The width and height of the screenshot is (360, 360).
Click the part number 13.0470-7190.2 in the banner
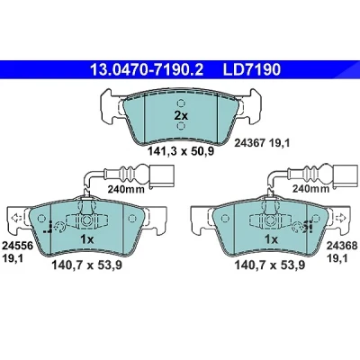147,70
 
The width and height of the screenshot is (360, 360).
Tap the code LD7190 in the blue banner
251,70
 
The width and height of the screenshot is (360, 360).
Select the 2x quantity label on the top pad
181,115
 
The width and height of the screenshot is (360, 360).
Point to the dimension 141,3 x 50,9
181,152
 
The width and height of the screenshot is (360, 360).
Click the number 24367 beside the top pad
249,144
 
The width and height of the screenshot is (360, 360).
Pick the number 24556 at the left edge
17,247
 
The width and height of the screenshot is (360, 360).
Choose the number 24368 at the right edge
342,247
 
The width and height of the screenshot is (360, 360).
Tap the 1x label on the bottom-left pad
87,239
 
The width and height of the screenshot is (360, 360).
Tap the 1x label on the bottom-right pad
271,239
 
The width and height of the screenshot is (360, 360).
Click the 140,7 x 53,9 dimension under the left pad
87,265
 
